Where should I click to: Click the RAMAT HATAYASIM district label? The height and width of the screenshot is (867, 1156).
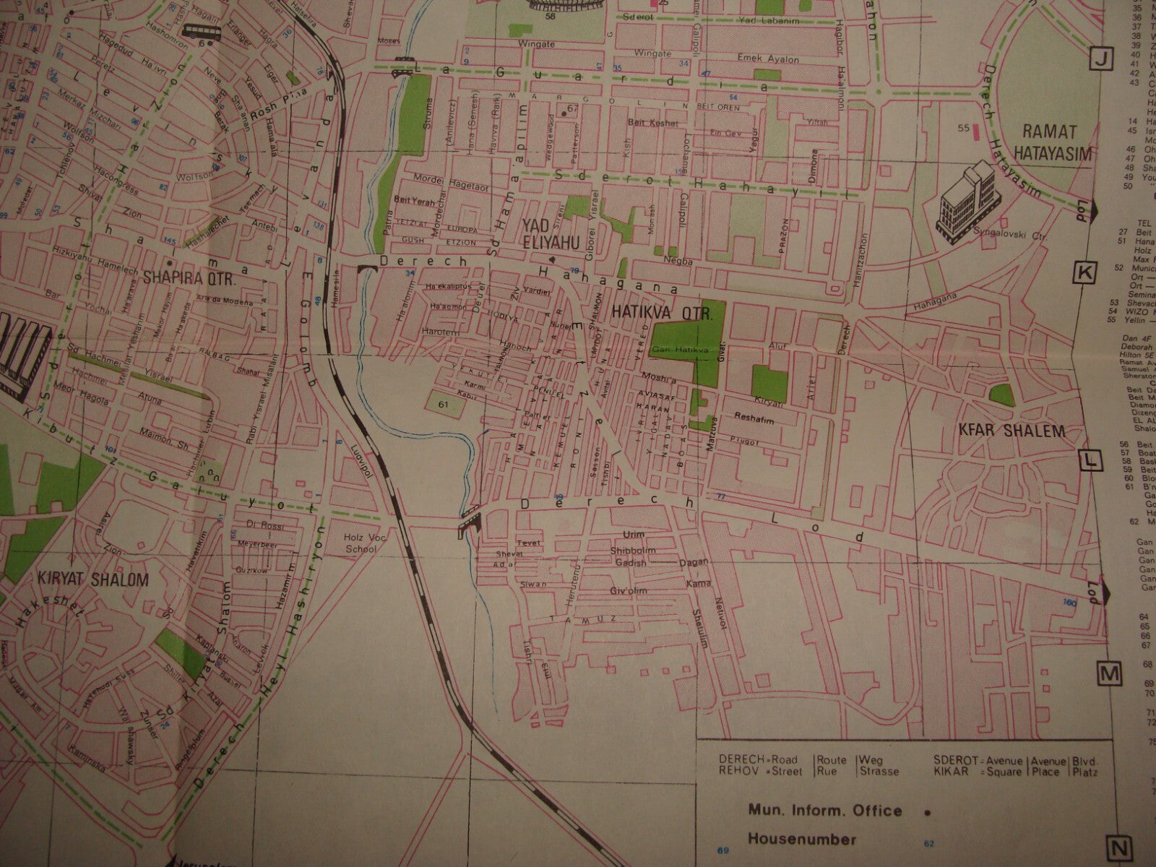[x=1050, y=142]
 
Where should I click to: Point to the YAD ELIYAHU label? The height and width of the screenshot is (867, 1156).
[x=547, y=237]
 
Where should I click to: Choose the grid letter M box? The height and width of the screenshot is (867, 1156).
[x=1109, y=674]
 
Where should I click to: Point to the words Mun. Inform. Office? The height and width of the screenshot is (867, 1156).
[x=824, y=811]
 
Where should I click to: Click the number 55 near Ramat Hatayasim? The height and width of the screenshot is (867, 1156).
[x=962, y=128]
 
